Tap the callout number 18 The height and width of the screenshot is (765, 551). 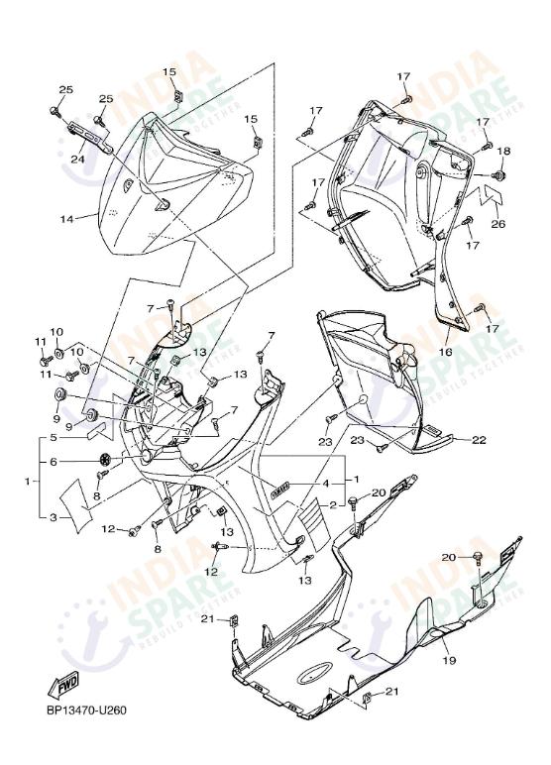(502, 152)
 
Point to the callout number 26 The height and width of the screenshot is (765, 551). (498, 225)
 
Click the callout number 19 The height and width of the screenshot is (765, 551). (448, 660)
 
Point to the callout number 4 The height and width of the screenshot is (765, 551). (324, 483)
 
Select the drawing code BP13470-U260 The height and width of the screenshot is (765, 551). (85, 710)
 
